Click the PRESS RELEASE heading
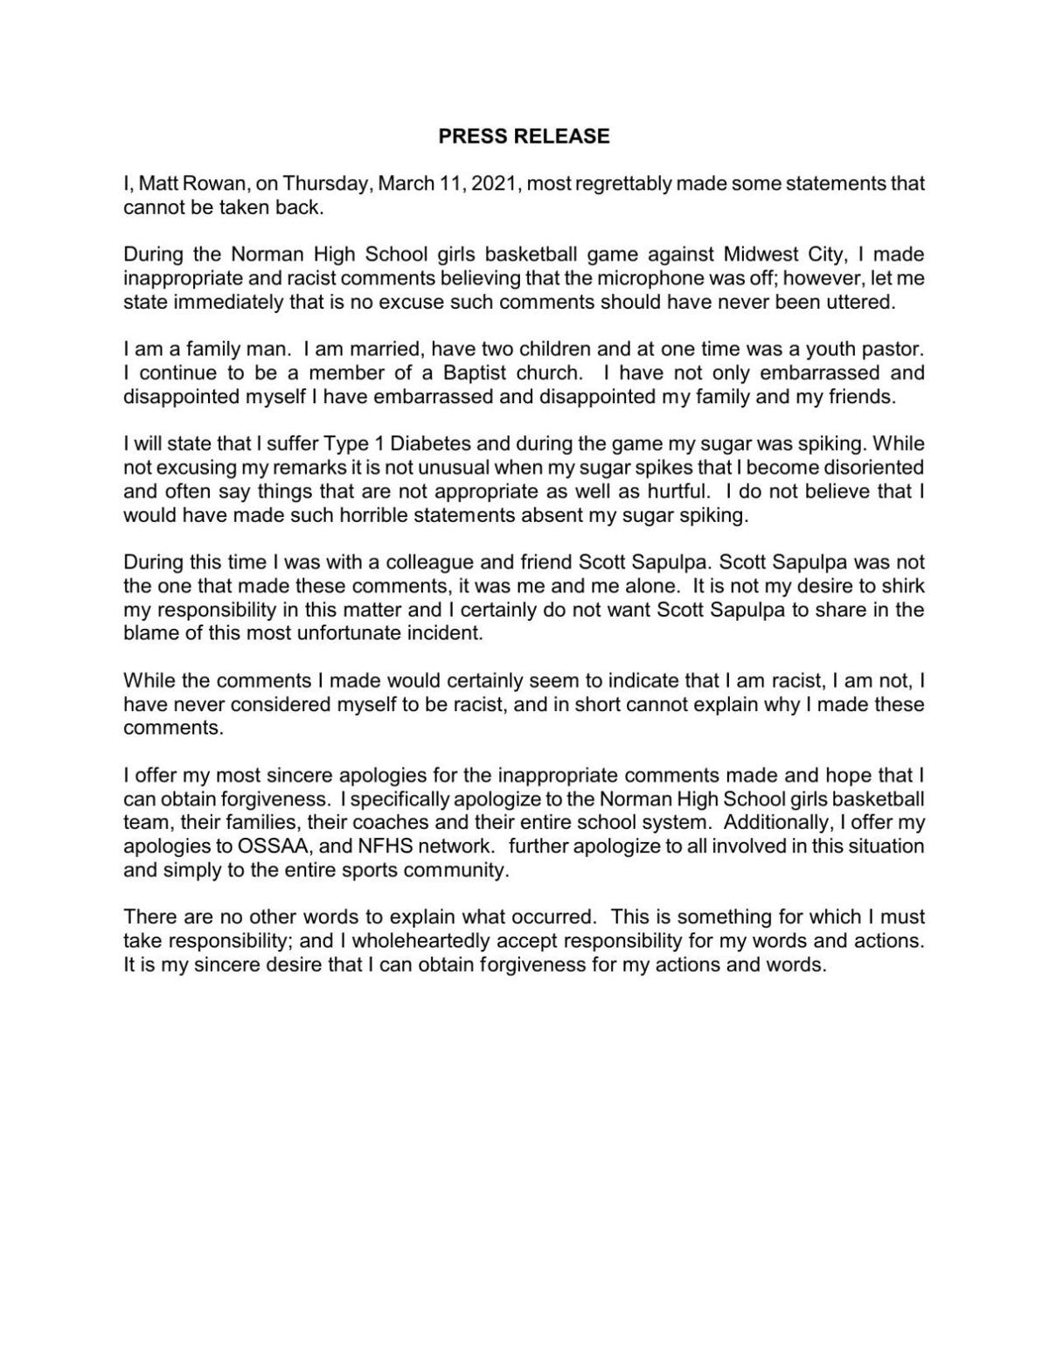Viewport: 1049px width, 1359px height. (524, 136)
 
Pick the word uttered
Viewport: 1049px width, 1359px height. (864, 303)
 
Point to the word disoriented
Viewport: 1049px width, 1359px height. (869, 468)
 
